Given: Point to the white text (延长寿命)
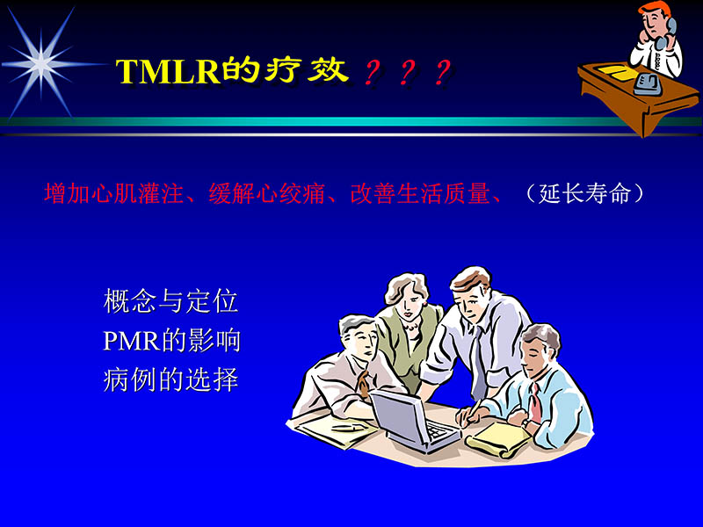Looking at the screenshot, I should (x=584, y=193).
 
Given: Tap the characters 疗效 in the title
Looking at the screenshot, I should (x=307, y=70).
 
